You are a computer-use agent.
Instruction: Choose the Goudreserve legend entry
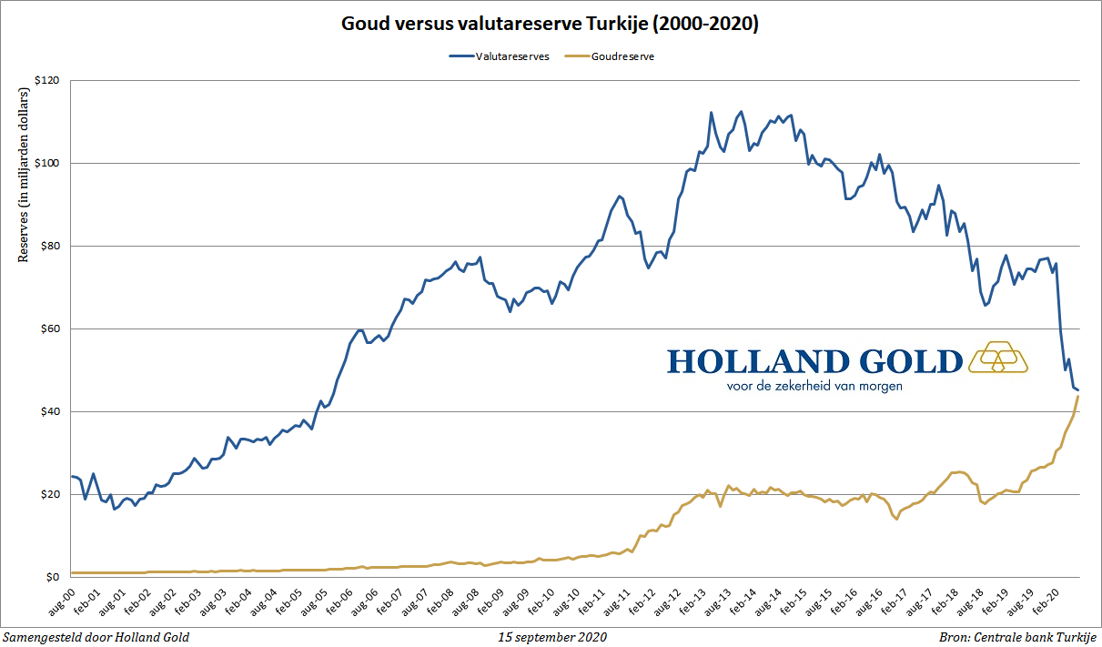[622, 56]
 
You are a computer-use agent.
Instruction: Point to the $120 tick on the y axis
[46, 81]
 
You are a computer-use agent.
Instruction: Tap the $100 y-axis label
[46, 164]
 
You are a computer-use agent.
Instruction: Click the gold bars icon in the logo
[997, 359]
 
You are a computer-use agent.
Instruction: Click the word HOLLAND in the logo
[758, 361]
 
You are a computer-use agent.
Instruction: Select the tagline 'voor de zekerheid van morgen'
[814, 386]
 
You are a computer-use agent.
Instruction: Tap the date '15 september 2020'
[552, 637]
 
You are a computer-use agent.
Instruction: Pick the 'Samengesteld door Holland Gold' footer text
[96, 637]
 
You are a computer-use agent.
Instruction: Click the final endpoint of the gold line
[1078, 396]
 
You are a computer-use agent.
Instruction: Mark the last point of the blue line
[1078, 389]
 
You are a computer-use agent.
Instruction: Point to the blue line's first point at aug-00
[71, 476]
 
